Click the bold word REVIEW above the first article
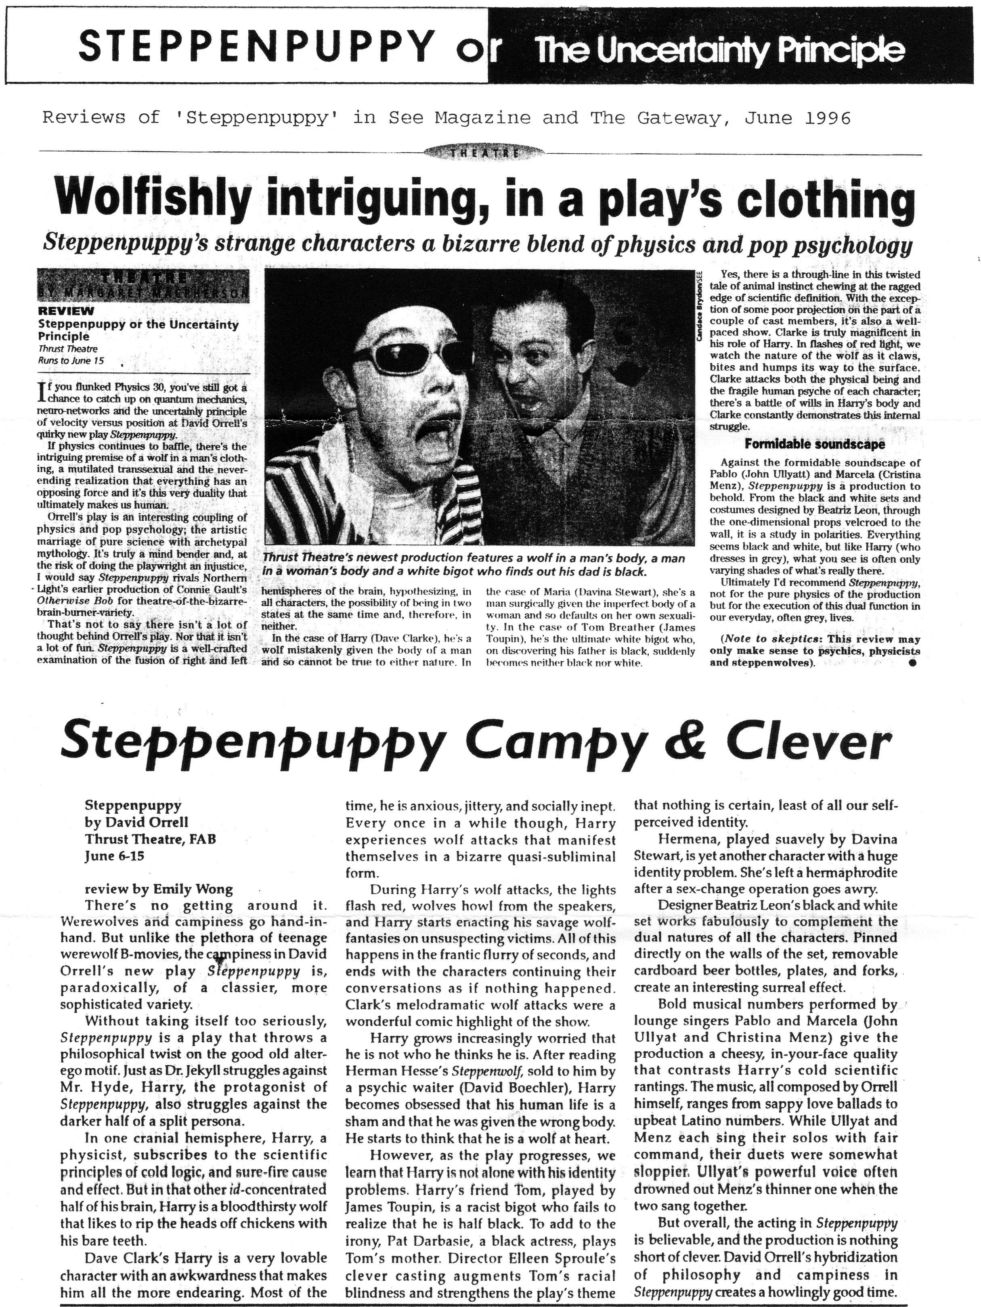point(66,311)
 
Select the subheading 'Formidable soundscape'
point(814,444)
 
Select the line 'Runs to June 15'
point(70,359)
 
